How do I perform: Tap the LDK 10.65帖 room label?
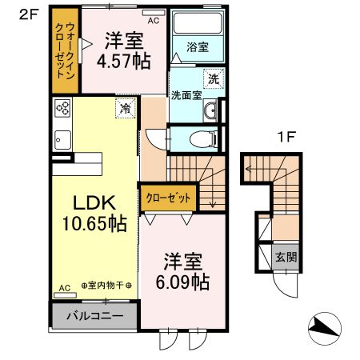pos(90,213)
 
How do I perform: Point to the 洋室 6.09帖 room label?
pos(183,271)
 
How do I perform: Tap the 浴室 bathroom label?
pos(197,47)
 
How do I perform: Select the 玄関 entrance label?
pos(286,258)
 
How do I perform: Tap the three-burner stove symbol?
pos(62,107)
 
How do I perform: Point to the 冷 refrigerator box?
pos(125,107)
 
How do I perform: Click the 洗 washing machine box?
pos(213,78)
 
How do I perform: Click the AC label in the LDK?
pos(64,287)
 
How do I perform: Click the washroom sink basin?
pos(210,111)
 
